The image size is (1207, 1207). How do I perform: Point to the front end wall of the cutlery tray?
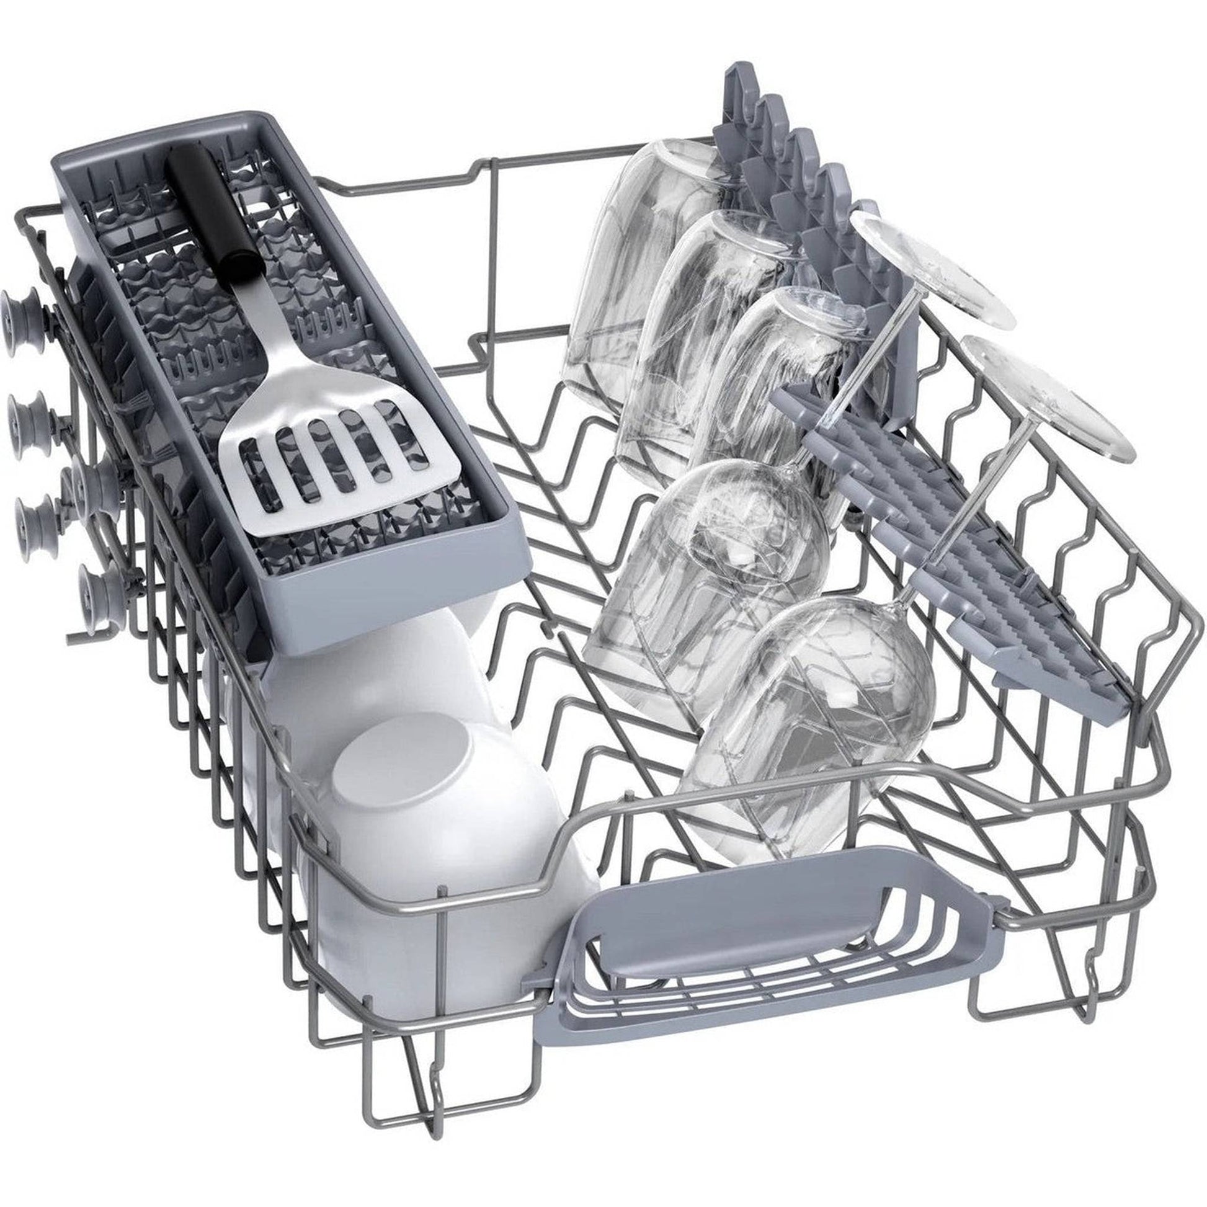coord(400,600)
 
